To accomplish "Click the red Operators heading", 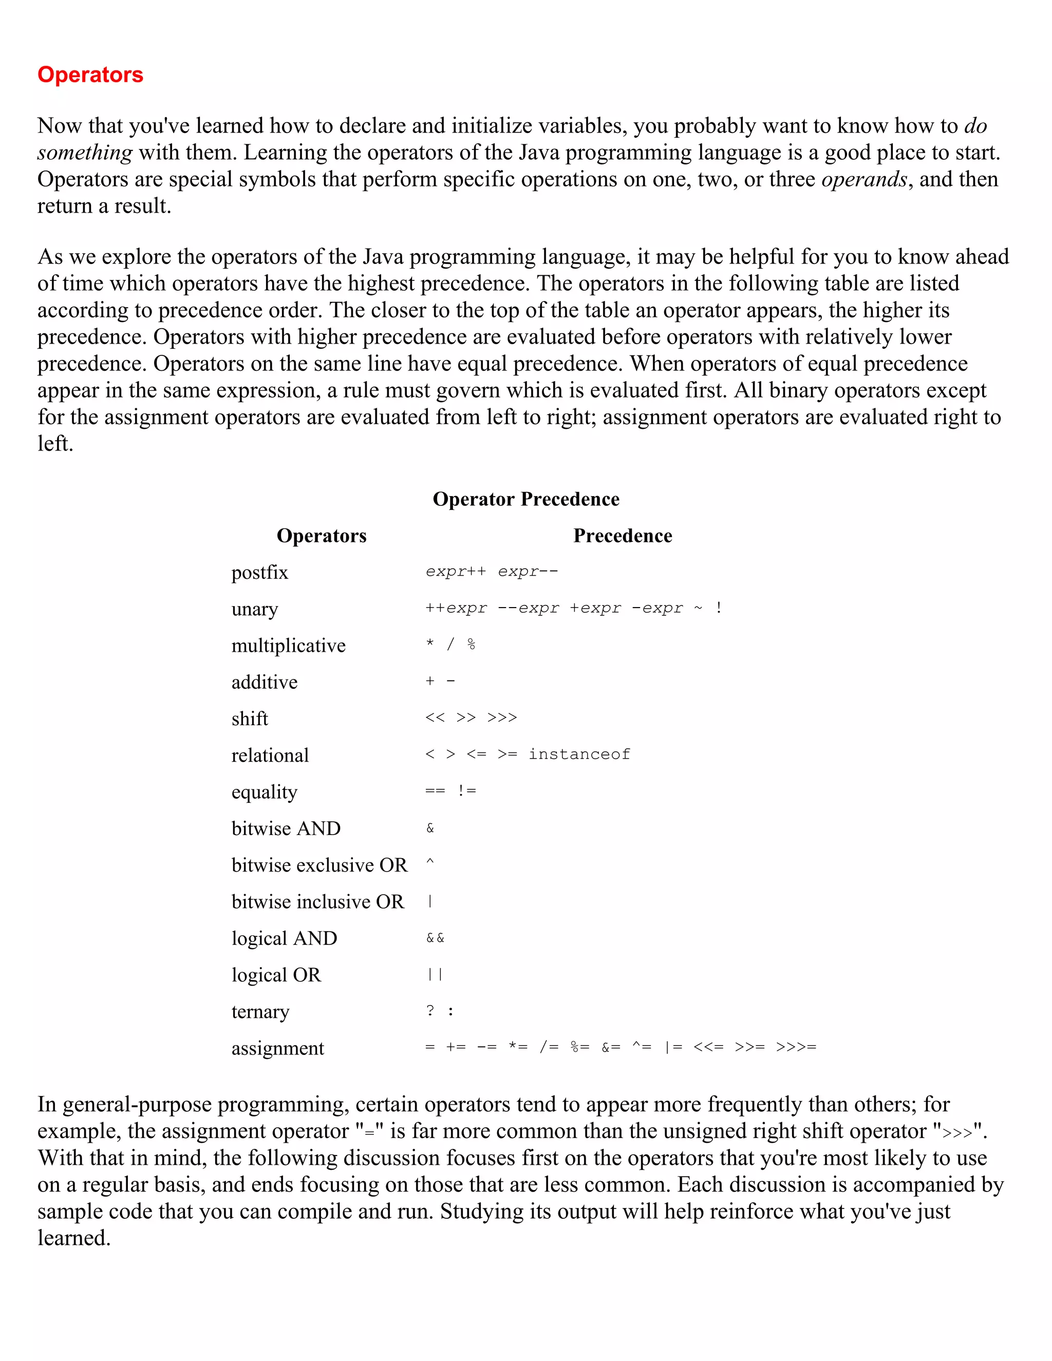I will (90, 75).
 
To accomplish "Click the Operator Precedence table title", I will (525, 499).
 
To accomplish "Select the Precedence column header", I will (622, 536).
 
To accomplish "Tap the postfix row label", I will (260, 572).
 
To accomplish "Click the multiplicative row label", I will (288, 646).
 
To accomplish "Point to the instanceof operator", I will (579, 754).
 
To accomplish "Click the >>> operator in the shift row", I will (502, 718).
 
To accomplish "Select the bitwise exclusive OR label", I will (319, 865).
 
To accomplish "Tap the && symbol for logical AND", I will (435, 938).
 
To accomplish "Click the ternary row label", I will (260, 1011).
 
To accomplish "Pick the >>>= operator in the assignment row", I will (795, 1048).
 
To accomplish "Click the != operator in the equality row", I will (467, 791).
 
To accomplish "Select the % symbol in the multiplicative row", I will (471, 645).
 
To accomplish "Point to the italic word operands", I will (864, 179).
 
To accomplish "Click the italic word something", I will (85, 153).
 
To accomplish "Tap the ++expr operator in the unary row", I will (456, 608).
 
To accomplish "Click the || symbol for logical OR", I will (435, 975).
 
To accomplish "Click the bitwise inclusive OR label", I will (318, 902).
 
